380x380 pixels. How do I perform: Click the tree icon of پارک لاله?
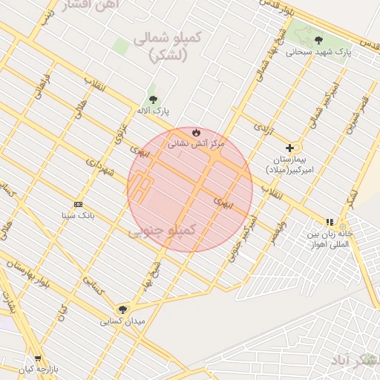pos(153,99)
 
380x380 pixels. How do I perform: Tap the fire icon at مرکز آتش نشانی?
pos(196,132)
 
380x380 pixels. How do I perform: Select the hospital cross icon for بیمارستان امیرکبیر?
pos(289,148)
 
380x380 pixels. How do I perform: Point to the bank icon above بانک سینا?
pos(78,204)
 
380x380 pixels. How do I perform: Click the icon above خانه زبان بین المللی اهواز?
pos(330,222)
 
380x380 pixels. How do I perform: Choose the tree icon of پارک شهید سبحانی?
pos(318,40)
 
